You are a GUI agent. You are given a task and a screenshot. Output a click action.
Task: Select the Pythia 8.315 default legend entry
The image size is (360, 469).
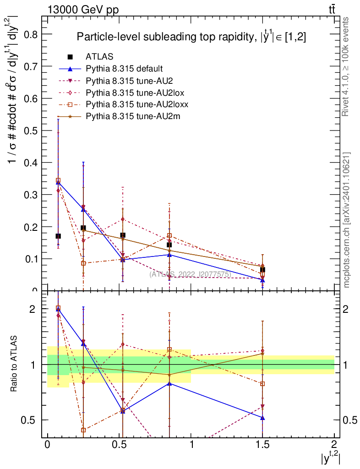coord(124,69)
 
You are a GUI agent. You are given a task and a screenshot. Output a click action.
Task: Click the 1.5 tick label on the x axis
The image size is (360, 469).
coord(262,445)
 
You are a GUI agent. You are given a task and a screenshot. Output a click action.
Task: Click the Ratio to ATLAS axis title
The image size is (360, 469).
coord(16,364)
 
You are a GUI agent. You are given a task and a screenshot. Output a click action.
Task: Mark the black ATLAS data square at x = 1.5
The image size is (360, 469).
coord(262,270)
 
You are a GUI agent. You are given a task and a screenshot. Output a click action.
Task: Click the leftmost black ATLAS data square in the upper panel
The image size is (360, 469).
coord(58,236)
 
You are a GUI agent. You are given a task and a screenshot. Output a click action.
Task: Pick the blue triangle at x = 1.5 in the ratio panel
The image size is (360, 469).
coord(262,417)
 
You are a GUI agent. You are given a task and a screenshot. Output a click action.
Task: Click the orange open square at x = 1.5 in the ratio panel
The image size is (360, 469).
coord(262,384)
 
